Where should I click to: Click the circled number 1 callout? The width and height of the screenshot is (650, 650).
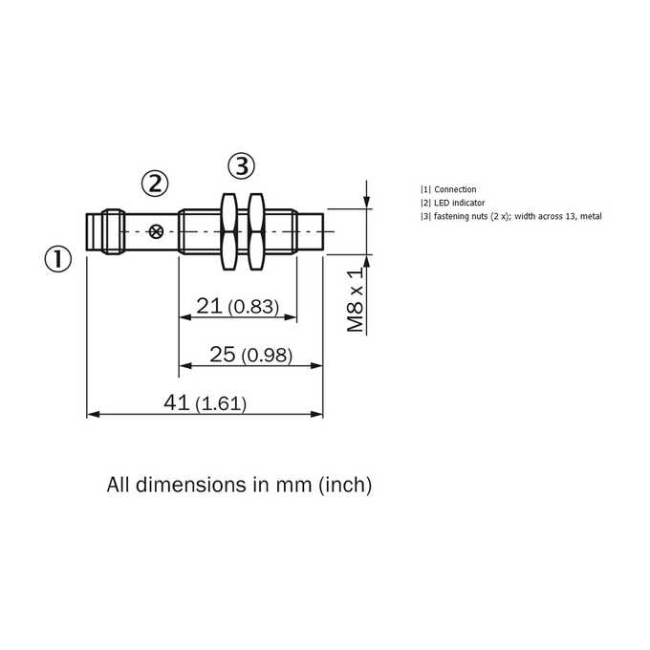[x=58, y=259]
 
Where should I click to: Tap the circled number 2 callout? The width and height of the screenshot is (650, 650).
[x=155, y=184]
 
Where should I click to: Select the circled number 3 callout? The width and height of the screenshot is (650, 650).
[x=241, y=166]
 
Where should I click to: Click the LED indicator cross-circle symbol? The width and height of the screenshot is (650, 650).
[x=156, y=231]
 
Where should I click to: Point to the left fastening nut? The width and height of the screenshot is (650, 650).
[x=228, y=231]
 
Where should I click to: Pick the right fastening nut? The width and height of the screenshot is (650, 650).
[x=256, y=231]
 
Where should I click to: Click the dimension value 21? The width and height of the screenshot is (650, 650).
[x=209, y=306]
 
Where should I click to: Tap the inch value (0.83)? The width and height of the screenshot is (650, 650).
[x=253, y=307]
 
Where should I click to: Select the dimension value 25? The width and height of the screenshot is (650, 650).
[x=223, y=355]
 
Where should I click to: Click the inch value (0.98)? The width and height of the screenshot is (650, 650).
[x=267, y=356]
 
